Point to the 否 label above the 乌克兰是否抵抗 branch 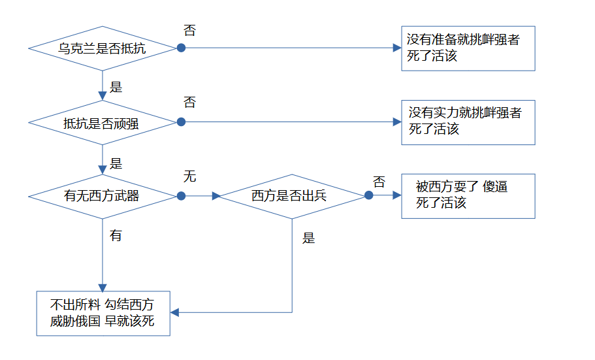coord(189,30)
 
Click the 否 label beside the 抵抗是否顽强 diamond coord(189,102)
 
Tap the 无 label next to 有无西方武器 coord(189,176)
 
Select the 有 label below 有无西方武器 coord(116,235)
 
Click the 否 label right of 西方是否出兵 coord(379,182)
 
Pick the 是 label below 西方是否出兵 coord(308,238)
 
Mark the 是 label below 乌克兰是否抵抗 coord(116,88)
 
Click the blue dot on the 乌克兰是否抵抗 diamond coord(182,48)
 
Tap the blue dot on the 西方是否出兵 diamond coord(369,195)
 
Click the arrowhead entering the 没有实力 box coord(397,122)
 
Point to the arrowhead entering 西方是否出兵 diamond coord(216,196)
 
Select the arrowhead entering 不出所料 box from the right coord(174,312)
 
